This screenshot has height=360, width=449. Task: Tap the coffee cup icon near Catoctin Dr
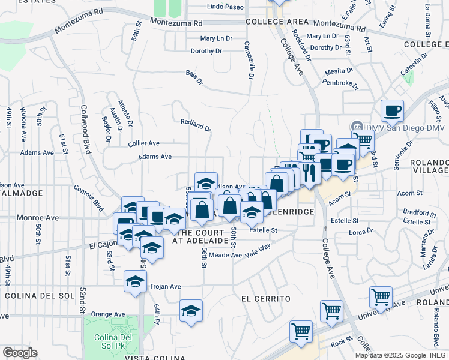392,110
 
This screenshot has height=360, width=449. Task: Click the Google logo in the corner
20,353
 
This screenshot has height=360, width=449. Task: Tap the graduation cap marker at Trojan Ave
136,281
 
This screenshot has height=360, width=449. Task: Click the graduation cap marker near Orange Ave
191,311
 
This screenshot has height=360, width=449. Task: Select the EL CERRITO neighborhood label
266,299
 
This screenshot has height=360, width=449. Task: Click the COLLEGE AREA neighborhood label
277,22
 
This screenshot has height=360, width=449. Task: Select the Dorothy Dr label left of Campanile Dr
206,51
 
